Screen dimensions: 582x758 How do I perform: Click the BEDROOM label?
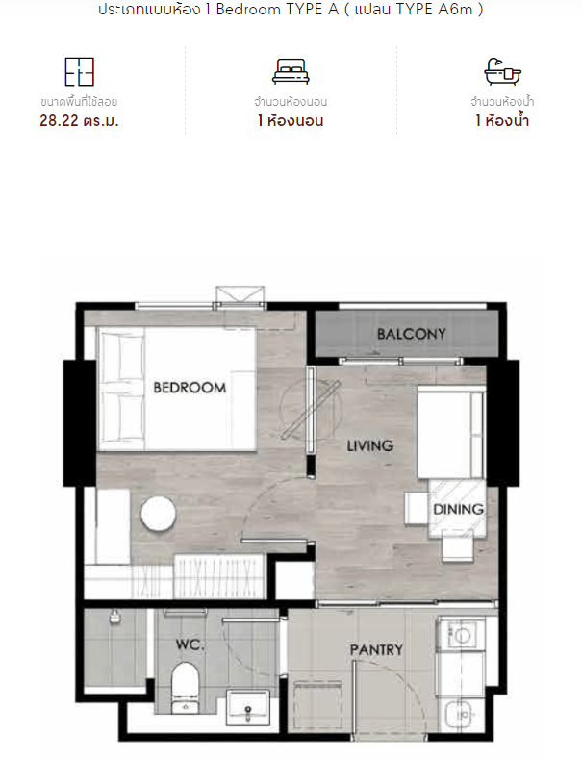[x=190, y=388]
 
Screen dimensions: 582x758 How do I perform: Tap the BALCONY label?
[x=412, y=334]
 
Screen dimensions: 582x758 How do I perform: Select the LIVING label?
[x=370, y=445]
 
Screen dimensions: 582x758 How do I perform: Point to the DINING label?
[x=458, y=509]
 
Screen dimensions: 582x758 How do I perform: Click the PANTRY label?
[x=376, y=649]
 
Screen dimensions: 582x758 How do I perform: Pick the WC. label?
[x=190, y=644]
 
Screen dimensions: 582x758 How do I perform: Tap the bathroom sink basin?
[x=247, y=707]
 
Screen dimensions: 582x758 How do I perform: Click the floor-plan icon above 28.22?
[x=79, y=71]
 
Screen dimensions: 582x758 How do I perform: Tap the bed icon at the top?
[x=291, y=71]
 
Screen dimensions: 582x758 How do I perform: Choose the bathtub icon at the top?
[x=503, y=71]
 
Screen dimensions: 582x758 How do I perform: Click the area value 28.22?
[x=59, y=120]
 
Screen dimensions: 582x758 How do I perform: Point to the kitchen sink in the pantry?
[x=463, y=714]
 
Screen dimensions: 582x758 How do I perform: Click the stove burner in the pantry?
[x=461, y=635]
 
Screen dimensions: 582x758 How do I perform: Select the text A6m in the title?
[x=455, y=10]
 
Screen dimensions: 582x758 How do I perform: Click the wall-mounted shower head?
[x=114, y=617]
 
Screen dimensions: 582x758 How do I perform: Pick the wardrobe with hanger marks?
[x=219, y=576]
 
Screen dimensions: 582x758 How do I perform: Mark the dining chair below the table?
[x=458, y=549]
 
